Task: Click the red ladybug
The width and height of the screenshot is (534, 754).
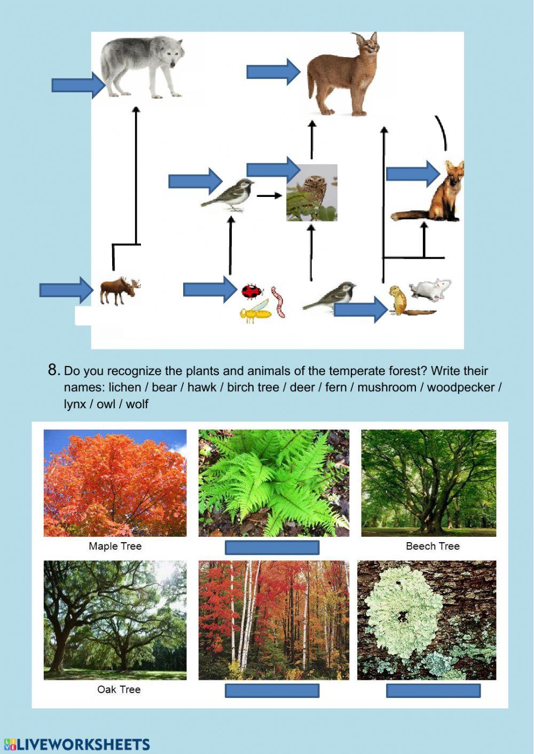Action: [252, 291]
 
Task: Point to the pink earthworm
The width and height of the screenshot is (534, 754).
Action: [278, 301]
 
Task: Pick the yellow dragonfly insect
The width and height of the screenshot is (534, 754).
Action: [255, 312]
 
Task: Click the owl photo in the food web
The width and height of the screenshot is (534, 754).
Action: [312, 193]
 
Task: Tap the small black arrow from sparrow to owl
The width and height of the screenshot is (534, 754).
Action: [269, 196]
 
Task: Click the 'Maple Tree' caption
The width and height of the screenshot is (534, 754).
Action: [115, 546]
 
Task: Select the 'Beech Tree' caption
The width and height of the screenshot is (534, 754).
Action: [433, 546]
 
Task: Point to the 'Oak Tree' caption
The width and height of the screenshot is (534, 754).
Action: [119, 689]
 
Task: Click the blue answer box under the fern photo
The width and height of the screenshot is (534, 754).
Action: [272, 547]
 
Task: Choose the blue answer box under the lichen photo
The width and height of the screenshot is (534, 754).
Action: [433, 691]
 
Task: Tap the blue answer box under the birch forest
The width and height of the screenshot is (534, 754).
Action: [272, 691]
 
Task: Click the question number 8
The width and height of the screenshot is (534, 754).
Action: [53, 370]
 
